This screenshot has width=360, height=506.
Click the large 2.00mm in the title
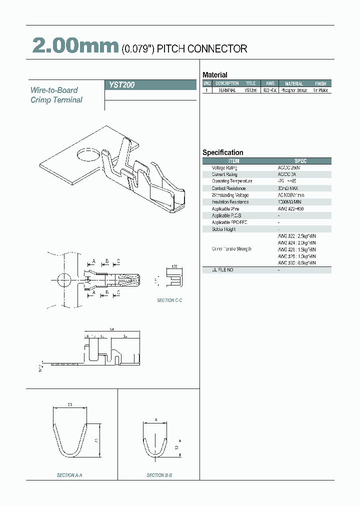(x=75, y=46)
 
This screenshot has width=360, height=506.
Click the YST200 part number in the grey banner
(x=122, y=85)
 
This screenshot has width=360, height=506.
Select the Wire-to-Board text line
(x=54, y=90)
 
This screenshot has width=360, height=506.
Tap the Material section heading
(x=214, y=75)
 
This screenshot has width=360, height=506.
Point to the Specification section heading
(x=222, y=152)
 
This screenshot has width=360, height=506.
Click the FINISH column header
(x=320, y=83)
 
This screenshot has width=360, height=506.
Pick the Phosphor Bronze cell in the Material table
(x=294, y=90)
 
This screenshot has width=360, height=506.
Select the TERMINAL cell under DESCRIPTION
(x=227, y=90)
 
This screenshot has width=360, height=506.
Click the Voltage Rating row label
(x=225, y=168)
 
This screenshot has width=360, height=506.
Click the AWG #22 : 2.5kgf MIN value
(x=296, y=235)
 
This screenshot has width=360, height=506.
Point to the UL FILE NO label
(x=222, y=270)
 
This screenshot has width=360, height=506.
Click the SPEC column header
(x=300, y=161)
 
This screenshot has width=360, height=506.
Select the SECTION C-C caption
(x=169, y=300)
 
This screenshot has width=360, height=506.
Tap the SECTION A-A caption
(x=69, y=475)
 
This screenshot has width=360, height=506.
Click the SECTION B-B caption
(x=159, y=475)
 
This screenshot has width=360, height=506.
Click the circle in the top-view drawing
(x=63, y=280)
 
